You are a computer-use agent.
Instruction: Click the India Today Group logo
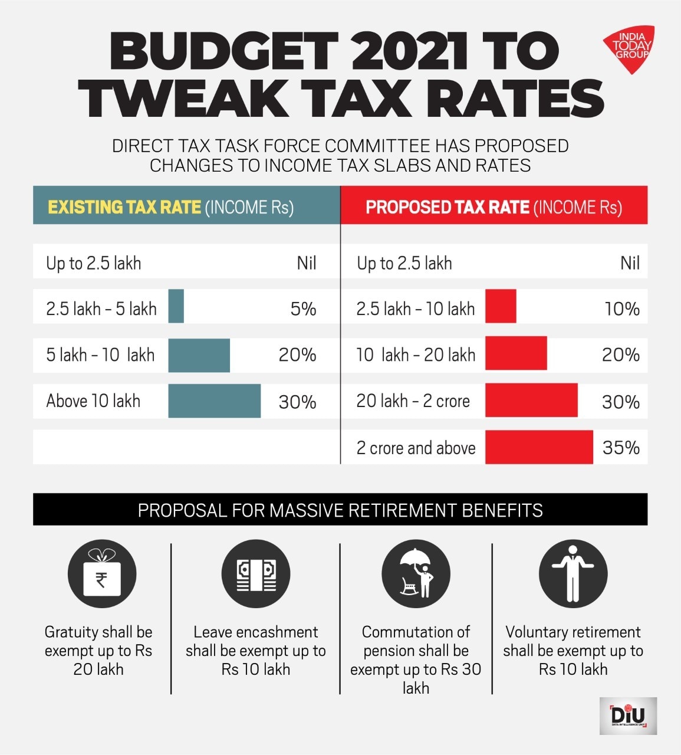(x=629, y=48)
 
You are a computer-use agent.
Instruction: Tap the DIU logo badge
(x=628, y=715)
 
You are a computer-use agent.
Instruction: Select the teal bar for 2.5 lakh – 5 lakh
(x=176, y=306)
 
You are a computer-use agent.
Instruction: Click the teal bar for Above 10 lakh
(x=214, y=401)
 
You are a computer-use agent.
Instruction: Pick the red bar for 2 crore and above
(x=539, y=447)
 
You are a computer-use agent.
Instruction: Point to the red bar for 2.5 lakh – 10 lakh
(x=501, y=306)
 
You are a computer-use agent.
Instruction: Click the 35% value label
(x=621, y=448)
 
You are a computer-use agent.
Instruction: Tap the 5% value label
(x=303, y=309)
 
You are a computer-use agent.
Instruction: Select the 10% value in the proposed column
(x=622, y=309)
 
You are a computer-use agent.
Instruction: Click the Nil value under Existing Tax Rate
(x=307, y=263)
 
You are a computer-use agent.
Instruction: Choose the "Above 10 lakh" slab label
(x=93, y=401)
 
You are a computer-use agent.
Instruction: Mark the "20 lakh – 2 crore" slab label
(x=413, y=401)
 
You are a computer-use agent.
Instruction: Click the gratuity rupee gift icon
(x=102, y=575)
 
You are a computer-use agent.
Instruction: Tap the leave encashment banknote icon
(x=256, y=575)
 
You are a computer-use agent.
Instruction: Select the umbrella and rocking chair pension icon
(x=416, y=575)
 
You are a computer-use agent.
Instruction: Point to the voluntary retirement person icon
(x=573, y=575)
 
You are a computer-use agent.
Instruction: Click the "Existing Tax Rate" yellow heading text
(x=124, y=207)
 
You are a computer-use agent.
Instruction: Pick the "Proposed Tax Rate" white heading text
(x=447, y=207)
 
